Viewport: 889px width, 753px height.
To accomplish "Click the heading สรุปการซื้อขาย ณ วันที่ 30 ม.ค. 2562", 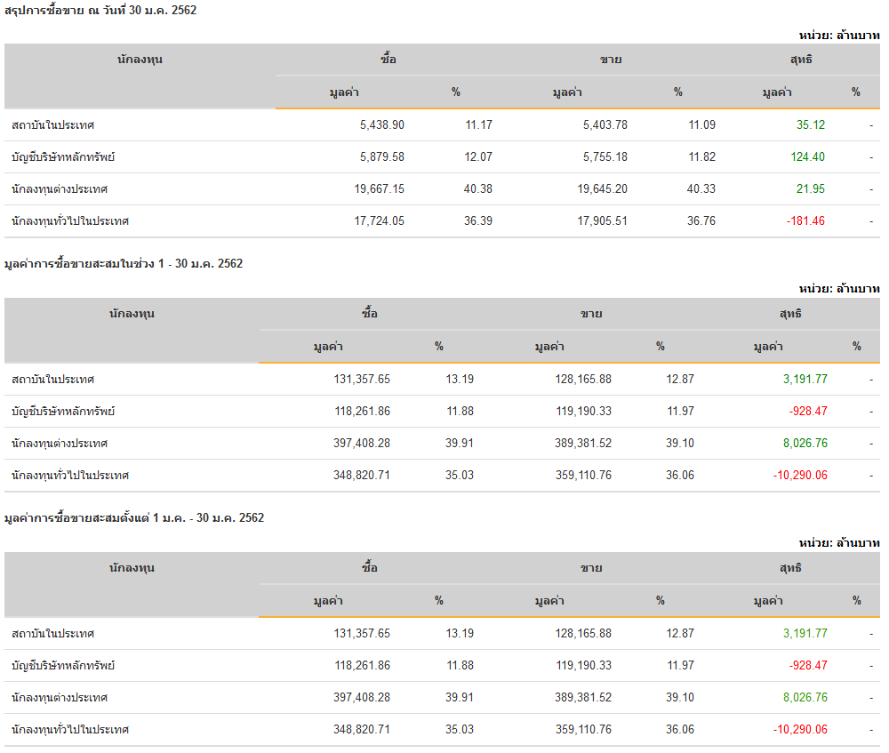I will click(100, 11).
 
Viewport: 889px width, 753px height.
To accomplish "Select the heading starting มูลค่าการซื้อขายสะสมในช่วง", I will click(124, 264).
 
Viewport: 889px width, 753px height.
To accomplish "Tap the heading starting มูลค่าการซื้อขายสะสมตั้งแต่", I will click(134, 518).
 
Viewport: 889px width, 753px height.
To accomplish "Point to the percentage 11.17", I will click(478, 125).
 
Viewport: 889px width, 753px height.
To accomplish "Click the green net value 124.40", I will click(805, 157).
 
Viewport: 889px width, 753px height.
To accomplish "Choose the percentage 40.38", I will click(478, 189).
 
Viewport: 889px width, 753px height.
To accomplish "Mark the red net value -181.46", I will click(805, 221).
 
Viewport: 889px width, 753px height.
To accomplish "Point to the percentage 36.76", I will click(701, 221).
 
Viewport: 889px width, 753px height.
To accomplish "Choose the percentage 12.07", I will click(478, 157).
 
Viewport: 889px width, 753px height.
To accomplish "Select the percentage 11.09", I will click(701, 125).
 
